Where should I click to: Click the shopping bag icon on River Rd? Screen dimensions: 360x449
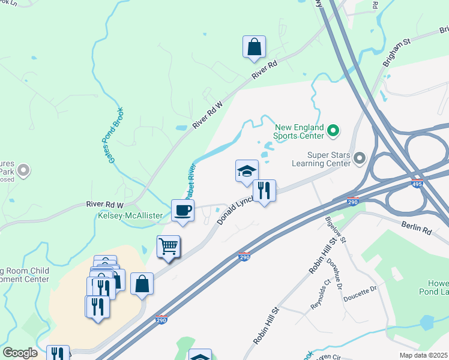254,46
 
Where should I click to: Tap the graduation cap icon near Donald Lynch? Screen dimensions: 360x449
247,171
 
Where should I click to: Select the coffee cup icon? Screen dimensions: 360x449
183,211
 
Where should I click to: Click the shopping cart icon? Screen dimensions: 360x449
169,246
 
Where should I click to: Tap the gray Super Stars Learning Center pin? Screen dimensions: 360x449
360,158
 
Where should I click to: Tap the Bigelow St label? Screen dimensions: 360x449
336,232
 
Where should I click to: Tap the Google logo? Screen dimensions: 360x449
20,353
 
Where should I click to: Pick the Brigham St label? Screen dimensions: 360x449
396,53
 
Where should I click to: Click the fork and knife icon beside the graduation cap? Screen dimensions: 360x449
264,191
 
